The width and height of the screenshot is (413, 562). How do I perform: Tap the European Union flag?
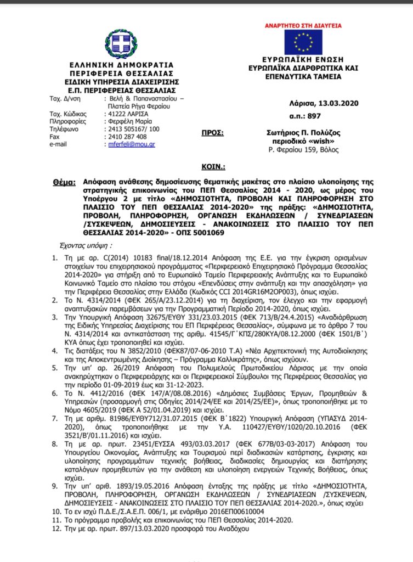302,41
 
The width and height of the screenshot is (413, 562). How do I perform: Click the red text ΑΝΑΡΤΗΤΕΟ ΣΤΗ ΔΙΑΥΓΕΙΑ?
303,25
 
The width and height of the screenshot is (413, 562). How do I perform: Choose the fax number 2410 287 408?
126,136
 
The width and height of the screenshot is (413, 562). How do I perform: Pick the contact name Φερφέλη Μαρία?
130,121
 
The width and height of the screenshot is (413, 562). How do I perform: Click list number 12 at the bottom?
54,531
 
